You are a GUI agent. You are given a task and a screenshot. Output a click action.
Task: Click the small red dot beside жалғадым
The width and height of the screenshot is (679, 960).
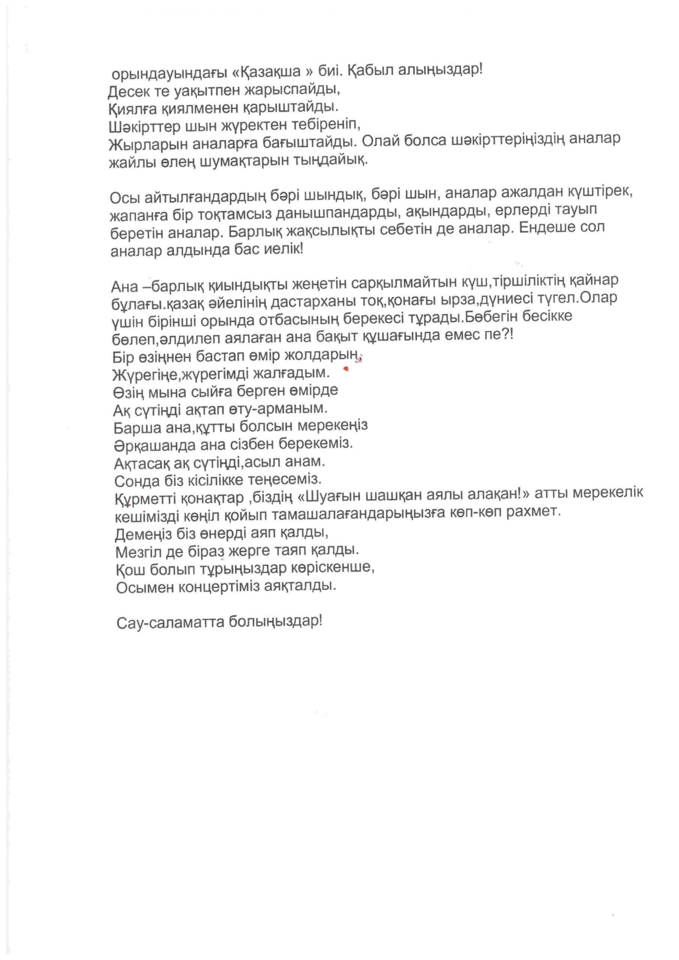click(346, 369)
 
